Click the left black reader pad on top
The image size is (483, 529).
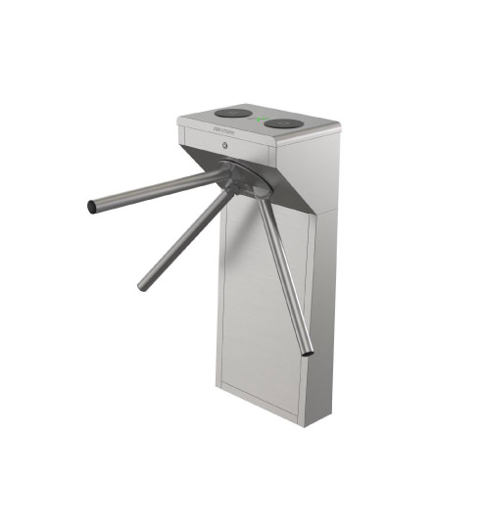coord(232,113)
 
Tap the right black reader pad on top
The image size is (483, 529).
coord(284,123)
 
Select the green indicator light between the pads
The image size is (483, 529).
coord(262,120)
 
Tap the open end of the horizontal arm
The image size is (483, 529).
coord(92,207)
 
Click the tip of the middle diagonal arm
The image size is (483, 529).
coord(143,287)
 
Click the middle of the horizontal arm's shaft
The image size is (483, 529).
coord(157,191)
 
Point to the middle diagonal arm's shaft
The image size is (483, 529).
coord(186,239)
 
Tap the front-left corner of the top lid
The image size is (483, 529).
coord(178,120)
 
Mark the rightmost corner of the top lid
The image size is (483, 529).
coord(340,127)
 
